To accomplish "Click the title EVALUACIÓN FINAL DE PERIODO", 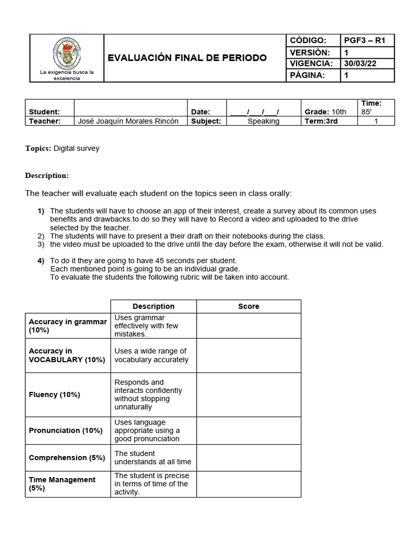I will coord(187,58).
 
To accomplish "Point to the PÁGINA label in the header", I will coord(308,75).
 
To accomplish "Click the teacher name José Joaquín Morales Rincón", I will coord(128,121).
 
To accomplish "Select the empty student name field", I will coord(130,108).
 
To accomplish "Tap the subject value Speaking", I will coord(263,121).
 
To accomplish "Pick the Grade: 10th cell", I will coord(326,112).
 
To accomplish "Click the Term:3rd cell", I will coord(321,121).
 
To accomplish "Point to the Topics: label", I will coord(38,148).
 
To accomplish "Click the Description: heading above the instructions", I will coord(47,176).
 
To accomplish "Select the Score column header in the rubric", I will coord(249,306).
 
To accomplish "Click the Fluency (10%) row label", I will coord(54,395).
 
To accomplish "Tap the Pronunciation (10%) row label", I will coord(65,431).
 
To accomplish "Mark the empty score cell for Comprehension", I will coord(249,458).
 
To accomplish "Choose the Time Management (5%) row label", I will coord(62,484).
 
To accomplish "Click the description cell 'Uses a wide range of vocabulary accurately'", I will coord(153,355).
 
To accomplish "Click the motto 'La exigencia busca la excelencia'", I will coord(67,75).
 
